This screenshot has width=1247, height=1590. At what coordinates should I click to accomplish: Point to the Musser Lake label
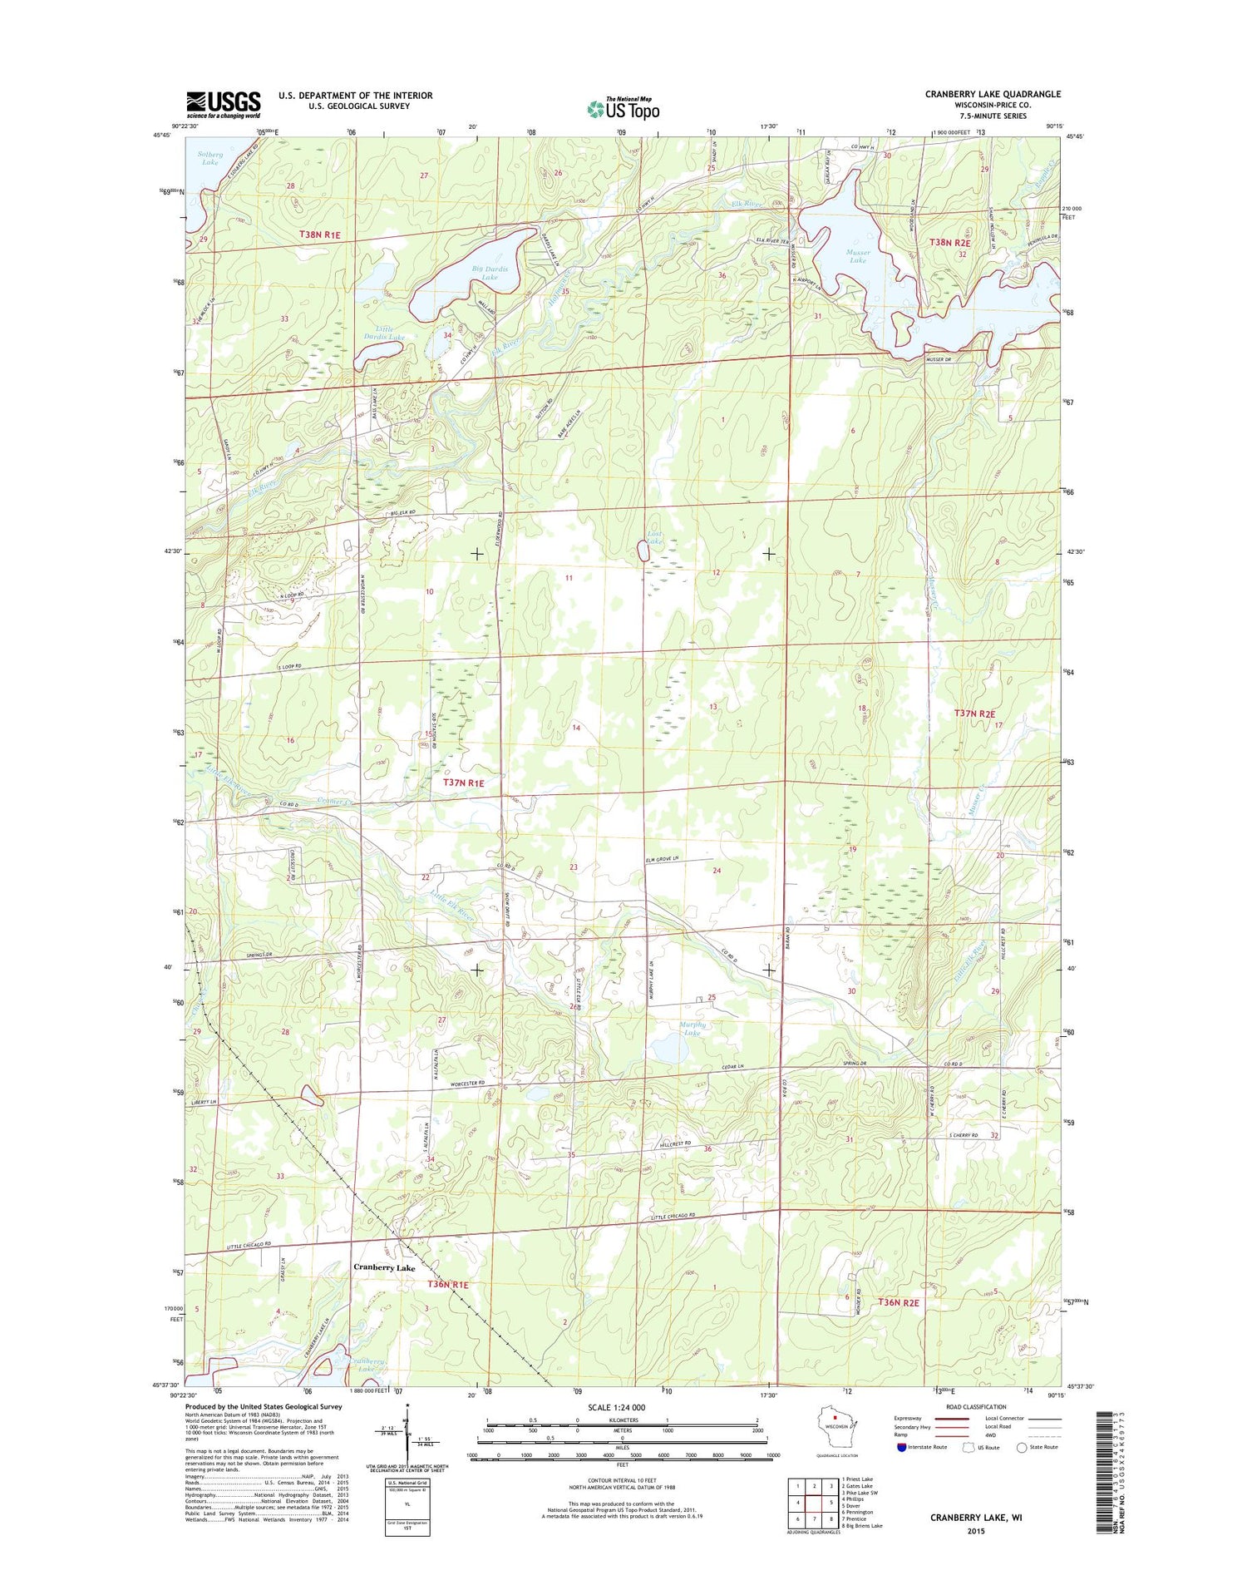click(857, 256)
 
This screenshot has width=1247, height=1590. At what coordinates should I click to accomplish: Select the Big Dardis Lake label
click(490, 273)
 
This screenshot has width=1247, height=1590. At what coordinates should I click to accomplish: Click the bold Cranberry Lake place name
click(384, 1267)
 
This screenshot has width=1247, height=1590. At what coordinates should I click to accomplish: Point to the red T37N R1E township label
click(463, 783)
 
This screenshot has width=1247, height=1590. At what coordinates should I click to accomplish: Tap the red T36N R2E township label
click(898, 1302)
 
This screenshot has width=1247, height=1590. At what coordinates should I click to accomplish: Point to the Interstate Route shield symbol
click(902, 1447)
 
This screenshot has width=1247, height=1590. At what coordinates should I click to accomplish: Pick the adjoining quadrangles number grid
click(814, 1502)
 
